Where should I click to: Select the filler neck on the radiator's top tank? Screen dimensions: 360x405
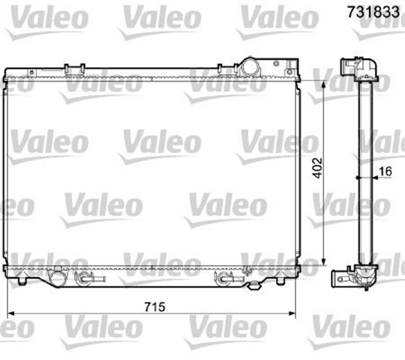coord(249,66)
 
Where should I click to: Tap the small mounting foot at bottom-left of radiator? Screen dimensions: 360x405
coord(23,280)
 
